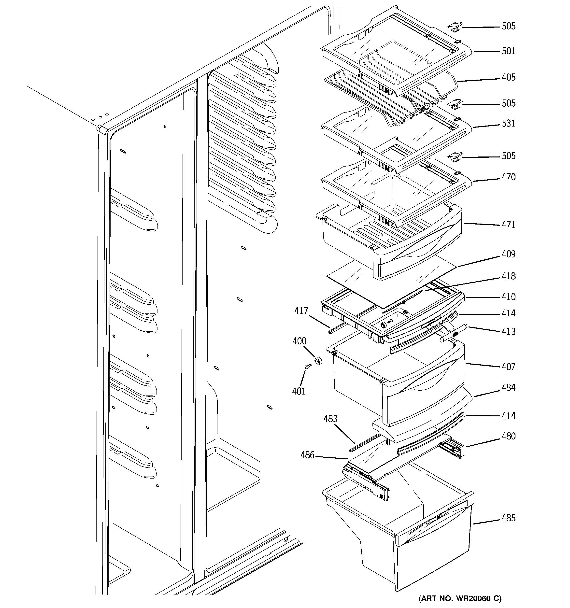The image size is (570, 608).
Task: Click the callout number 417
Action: (301, 311)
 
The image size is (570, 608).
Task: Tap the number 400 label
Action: (299, 341)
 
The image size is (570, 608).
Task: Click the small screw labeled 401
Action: (308, 366)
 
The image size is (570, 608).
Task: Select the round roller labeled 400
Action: (318, 362)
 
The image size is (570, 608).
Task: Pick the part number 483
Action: (330, 419)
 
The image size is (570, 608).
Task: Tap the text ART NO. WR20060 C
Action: (460, 598)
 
